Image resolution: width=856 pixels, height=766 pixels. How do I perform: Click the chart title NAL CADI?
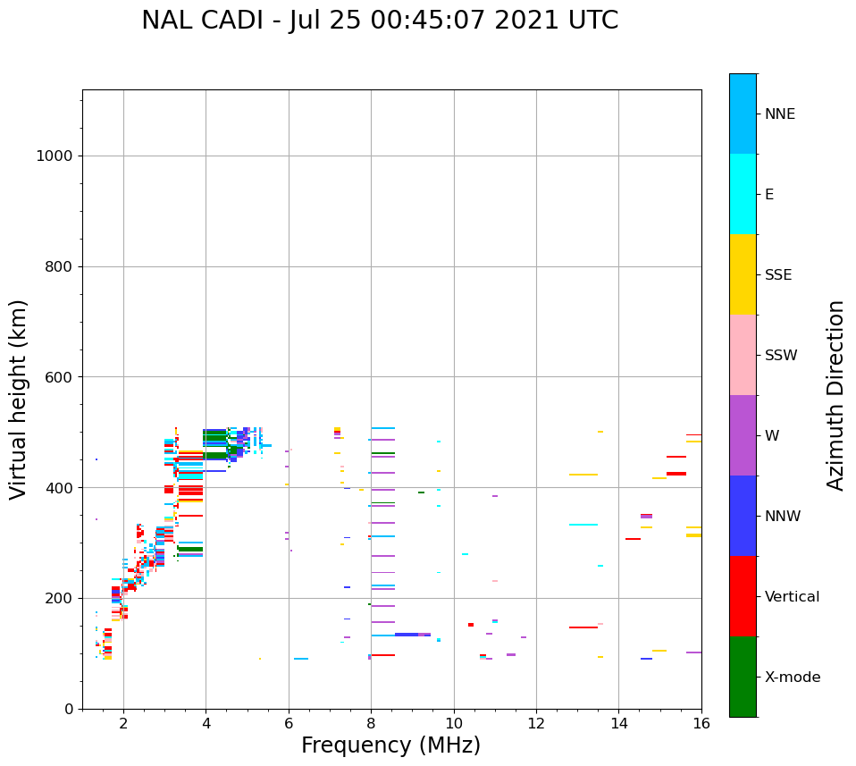point(380,21)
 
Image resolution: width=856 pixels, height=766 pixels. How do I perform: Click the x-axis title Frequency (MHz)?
point(390,745)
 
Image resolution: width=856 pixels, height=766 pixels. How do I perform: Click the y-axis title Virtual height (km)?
point(19,399)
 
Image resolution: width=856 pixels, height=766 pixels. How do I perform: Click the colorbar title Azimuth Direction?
point(835,395)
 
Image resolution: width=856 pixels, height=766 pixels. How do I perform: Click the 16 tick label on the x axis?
point(701,722)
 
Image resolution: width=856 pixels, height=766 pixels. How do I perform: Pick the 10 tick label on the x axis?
point(454,722)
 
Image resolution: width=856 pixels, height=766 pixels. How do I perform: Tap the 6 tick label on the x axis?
point(289,722)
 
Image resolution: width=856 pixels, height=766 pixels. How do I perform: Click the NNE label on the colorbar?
point(779,114)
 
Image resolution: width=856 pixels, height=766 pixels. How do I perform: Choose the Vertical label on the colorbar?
point(792,597)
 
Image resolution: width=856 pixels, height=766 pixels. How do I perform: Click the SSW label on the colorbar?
point(781,356)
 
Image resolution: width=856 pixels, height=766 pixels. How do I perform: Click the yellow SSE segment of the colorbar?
point(743,274)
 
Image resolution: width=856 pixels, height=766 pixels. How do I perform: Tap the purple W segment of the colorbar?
point(743,435)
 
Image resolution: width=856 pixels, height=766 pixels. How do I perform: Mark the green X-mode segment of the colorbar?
point(743,677)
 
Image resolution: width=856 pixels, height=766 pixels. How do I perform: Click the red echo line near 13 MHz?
point(583,627)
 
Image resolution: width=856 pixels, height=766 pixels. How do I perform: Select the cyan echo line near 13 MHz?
point(583,525)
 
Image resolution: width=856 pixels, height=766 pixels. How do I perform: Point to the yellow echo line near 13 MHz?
point(583,475)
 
